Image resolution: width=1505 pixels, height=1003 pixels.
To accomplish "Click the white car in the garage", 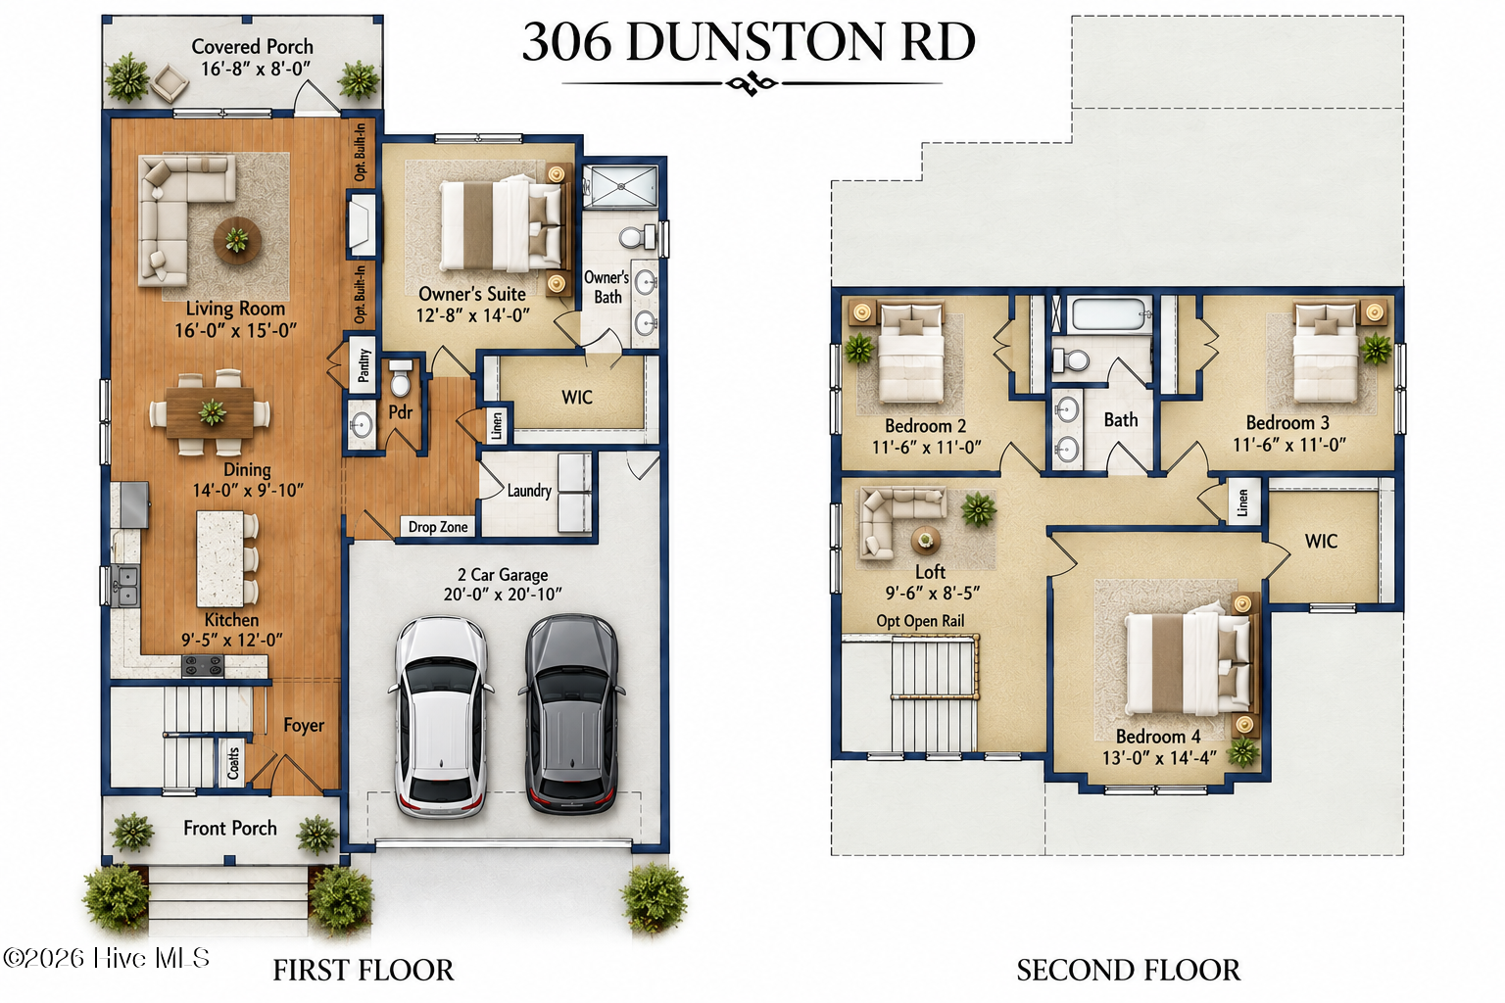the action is tap(442, 717).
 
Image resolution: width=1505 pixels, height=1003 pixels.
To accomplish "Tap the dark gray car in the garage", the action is tap(571, 715).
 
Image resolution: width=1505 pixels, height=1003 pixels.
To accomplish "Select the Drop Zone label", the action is tap(438, 527).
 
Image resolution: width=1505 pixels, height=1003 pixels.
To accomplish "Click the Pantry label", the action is tap(364, 364).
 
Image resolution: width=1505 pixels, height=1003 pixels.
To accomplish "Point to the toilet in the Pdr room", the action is tap(401, 379).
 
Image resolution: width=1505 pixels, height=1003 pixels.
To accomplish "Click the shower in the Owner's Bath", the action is tap(620, 185).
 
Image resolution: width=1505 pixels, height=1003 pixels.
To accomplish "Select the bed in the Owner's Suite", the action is tap(502, 225).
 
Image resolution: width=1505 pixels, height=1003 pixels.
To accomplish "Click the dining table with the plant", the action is tap(210, 412).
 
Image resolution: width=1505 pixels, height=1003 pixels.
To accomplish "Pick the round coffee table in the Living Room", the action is tap(237, 240).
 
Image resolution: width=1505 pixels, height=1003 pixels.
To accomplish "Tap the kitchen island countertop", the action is tap(219, 558).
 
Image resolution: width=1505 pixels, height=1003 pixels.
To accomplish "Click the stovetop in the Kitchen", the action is tap(203, 666).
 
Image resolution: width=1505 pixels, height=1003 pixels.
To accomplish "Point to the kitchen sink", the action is tap(125, 586).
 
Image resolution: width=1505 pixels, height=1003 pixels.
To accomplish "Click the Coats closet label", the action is tap(233, 763).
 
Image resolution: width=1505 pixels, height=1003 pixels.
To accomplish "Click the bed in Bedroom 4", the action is tap(1188, 663).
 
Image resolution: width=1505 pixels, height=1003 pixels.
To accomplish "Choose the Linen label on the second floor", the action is tap(1243, 501).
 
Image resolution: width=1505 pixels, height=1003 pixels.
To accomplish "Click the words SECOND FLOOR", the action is tap(1128, 971).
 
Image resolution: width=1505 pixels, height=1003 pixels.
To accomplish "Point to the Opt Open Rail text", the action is tap(920, 621).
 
